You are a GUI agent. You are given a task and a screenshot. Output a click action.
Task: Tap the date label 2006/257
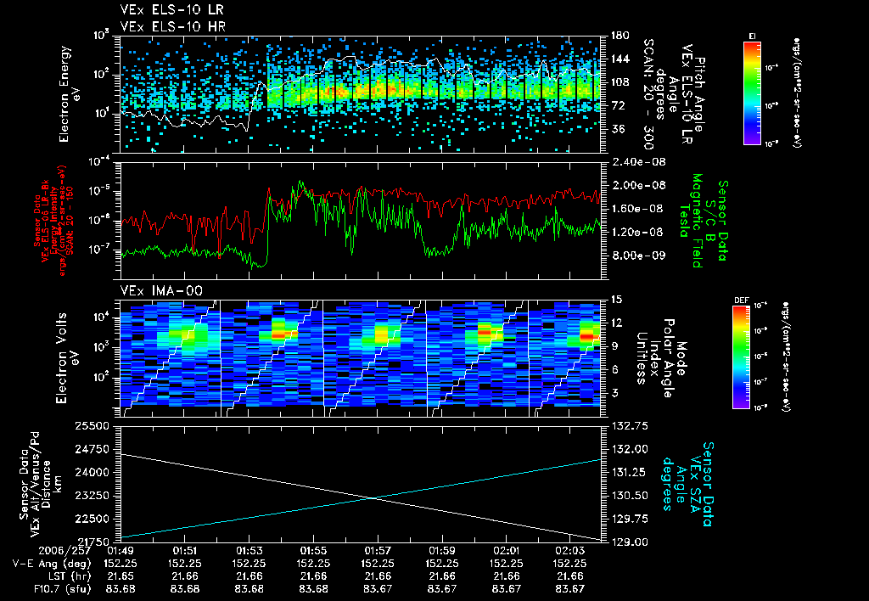click(32, 551)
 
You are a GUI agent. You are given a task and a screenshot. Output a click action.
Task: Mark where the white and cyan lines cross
click(374, 497)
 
